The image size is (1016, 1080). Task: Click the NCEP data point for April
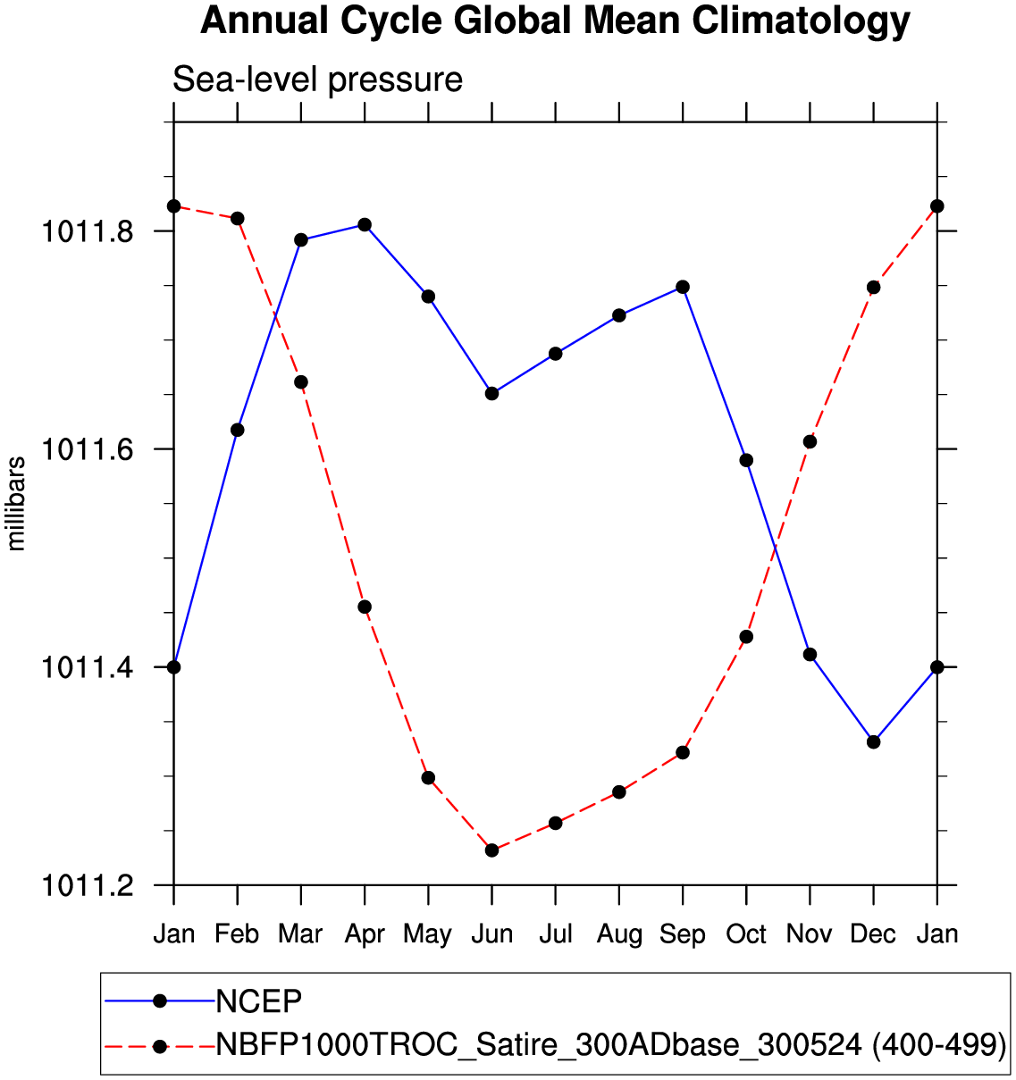point(365,224)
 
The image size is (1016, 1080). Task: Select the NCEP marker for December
point(873,741)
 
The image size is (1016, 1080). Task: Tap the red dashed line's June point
point(491,850)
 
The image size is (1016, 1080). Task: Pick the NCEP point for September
point(683,287)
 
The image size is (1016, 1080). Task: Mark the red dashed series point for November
point(810,441)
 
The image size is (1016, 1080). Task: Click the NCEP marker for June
point(491,393)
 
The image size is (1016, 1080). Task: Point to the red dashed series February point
point(238,219)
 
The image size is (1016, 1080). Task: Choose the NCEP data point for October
point(746,460)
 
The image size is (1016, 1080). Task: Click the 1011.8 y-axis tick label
point(88,231)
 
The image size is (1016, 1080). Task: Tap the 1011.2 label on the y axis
point(88,885)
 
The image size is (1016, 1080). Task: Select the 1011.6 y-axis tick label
point(88,449)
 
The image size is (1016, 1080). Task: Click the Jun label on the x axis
point(491,934)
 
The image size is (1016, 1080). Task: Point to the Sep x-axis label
point(683,934)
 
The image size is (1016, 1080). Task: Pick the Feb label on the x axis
point(237,934)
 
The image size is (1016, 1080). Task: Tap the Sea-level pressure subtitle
point(317,80)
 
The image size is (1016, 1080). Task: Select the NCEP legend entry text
point(259,1001)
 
